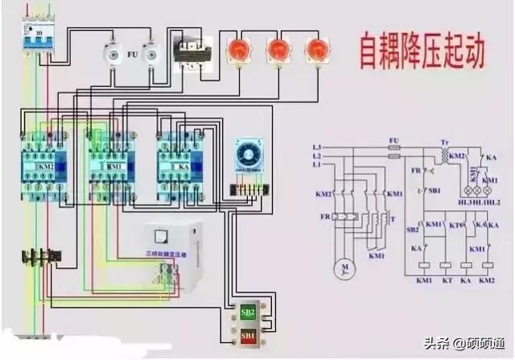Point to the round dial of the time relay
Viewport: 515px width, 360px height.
click(247, 152)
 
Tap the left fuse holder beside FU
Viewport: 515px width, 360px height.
click(113, 55)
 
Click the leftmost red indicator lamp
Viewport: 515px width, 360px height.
click(240, 51)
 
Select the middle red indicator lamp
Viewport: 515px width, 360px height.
click(278, 51)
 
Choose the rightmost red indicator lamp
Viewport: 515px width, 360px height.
click(315, 51)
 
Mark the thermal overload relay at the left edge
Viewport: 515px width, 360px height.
click(36, 257)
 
